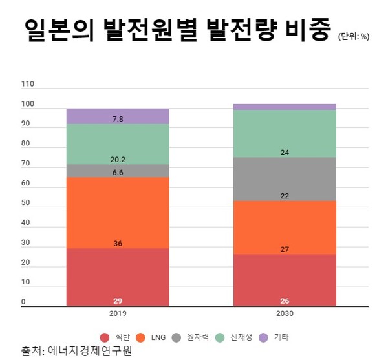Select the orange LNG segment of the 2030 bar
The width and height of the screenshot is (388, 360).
(x=285, y=227)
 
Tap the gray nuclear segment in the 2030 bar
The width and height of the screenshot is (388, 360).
(x=285, y=179)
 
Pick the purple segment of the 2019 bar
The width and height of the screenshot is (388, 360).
(x=118, y=116)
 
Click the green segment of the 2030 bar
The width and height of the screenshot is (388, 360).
(x=285, y=134)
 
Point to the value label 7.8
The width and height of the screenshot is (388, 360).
(x=118, y=119)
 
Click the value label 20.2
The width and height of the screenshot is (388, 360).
(x=118, y=160)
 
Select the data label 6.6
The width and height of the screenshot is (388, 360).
(x=118, y=173)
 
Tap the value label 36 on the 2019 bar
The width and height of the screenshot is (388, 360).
(x=118, y=244)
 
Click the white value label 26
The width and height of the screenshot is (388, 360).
(x=285, y=301)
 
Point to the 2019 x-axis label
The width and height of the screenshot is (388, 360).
(x=118, y=313)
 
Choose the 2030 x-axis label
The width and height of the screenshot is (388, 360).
(x=285, y=313)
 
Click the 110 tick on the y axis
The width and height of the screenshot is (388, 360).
(x=27, y=84)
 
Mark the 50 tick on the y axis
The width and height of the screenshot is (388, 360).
(x=25, y=203)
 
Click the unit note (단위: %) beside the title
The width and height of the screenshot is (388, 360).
(x=353, y=36)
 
